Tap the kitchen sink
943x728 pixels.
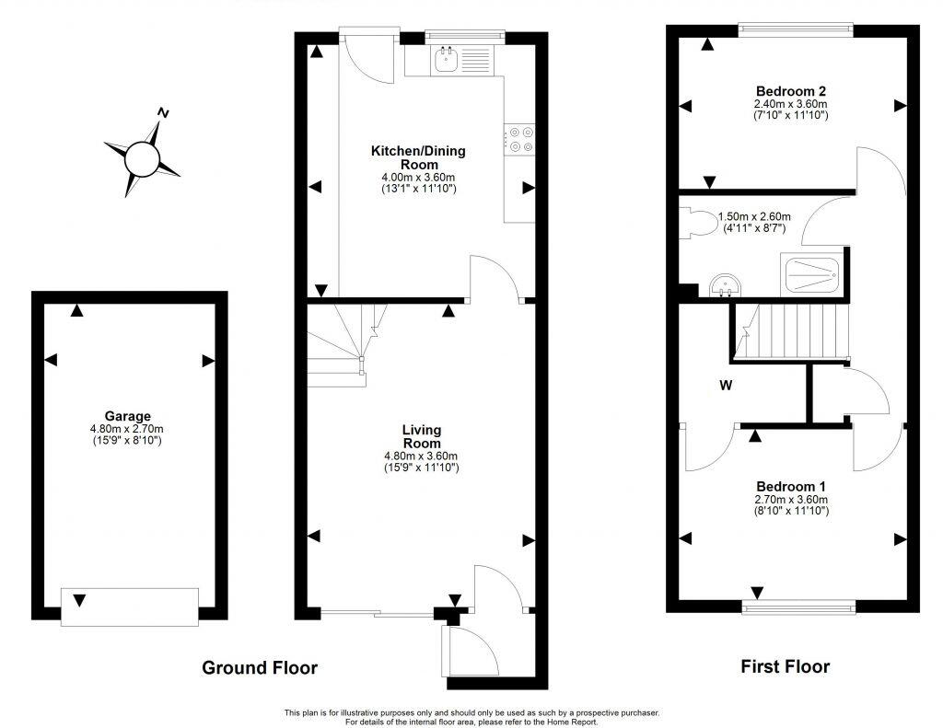447,61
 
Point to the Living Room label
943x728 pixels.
421,436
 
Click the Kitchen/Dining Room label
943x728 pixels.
418,157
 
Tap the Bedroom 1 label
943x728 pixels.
790,486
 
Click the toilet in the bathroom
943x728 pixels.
692,222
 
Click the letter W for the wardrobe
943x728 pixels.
726,386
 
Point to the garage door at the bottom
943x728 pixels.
129,607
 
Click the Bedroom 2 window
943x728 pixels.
796,29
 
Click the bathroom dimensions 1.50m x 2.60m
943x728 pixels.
754,222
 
